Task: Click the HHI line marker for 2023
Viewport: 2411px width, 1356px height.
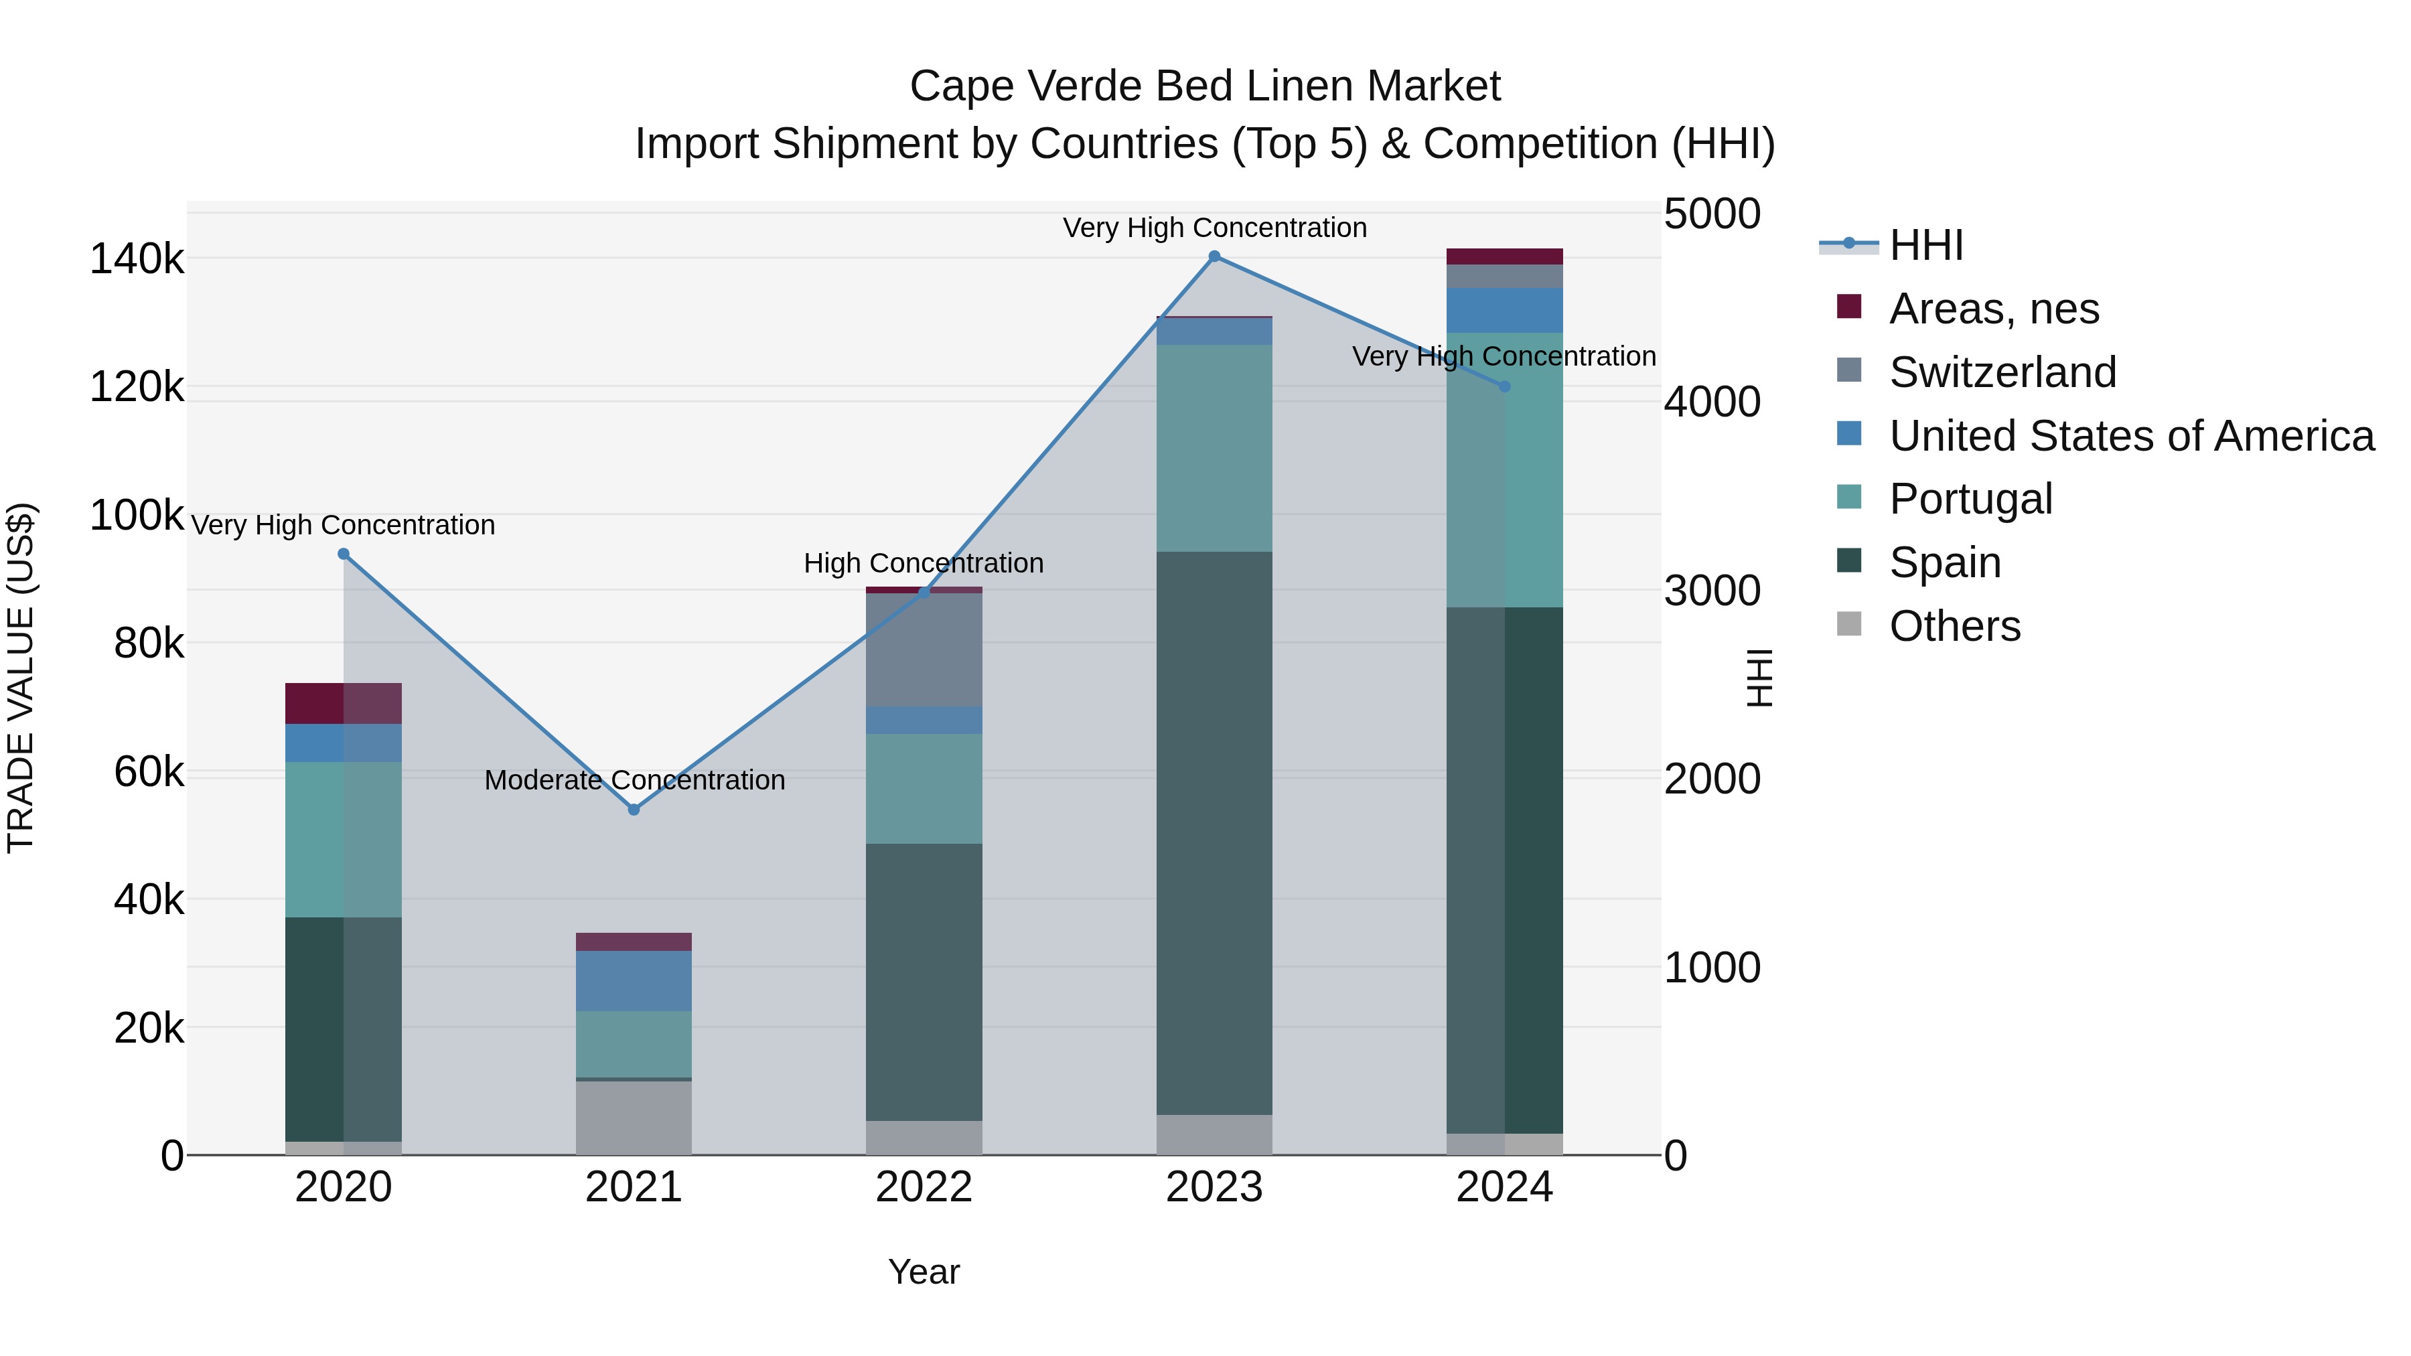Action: click(x=1214, y=256)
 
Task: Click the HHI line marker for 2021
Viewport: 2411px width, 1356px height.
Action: click(x=634, y=810)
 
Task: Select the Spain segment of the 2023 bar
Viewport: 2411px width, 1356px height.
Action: click(x=1214, y=833)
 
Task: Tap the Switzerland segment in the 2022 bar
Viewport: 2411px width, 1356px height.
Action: click(x=924, y=650)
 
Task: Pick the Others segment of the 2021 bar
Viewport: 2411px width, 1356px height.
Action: click(x=634, y=1118)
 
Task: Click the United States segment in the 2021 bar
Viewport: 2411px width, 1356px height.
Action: click(x=634, y=981)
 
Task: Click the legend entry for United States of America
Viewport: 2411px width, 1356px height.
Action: click(x=2131, y=436)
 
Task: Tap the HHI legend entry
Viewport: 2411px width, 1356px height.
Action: click(x=1925, y=245)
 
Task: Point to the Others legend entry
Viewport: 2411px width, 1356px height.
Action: click(x=1954, y=626)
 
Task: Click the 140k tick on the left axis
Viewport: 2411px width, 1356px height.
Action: click(x=137, y=259)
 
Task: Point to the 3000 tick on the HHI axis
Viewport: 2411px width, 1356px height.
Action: click(x=1712, y=591)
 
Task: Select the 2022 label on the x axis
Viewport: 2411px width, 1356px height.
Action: click(x=924, y=1187)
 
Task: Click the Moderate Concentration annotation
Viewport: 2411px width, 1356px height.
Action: click(x=634, y=779)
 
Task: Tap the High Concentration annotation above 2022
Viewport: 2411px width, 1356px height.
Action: click(x=923, y=563)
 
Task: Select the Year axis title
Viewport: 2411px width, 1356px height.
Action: click(x=924, y=1272)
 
